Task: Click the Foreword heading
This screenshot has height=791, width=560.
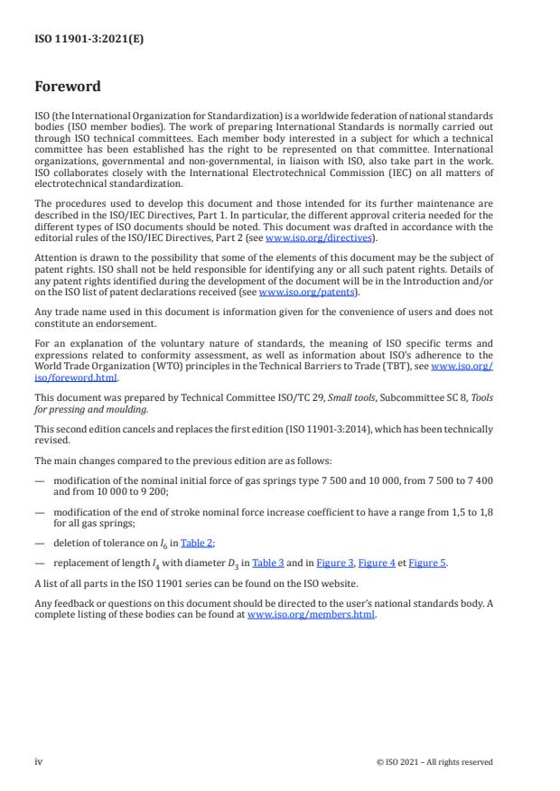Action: click(x=67, y=88)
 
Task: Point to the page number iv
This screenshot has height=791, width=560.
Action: click(x=39, y=761)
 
